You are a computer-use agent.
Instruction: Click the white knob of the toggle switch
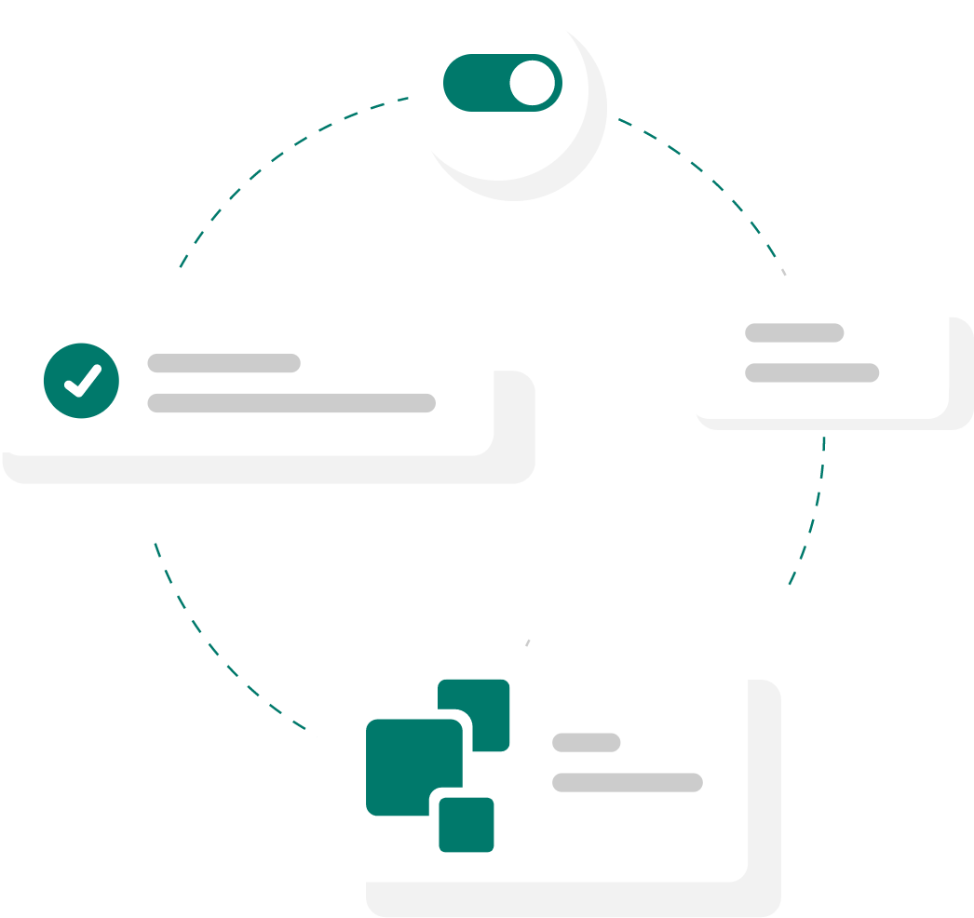point(533,84)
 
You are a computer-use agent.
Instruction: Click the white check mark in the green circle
point(82,380)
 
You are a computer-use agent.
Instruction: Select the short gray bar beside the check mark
point(223,363)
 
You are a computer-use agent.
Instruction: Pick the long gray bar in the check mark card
point(291,403)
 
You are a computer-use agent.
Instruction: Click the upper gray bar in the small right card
point(794,332)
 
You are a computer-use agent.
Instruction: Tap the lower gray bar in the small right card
point(812,372)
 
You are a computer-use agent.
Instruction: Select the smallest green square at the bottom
point(467,825)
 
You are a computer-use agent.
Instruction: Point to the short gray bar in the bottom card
point(587,742)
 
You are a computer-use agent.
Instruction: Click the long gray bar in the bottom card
point(628,782)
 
